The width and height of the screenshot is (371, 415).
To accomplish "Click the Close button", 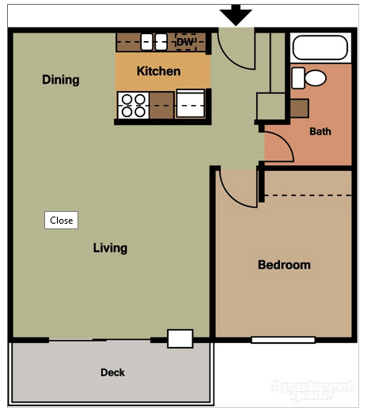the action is [61, 221].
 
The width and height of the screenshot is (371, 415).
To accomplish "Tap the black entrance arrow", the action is [236, 15].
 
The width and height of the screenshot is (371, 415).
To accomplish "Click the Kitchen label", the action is [159, 71].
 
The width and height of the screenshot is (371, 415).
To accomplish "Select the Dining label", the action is [61, 80].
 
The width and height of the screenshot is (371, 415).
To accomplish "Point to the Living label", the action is [110, 248].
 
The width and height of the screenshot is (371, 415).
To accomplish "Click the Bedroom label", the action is [284, 265].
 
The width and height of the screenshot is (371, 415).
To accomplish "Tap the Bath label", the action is [320, 131].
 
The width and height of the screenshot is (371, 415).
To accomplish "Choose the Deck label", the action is [112, 372].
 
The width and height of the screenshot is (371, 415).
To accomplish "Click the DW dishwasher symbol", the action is [186, 42].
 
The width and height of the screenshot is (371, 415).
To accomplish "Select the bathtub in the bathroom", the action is [320, 47].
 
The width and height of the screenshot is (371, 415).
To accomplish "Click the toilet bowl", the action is [315, 77].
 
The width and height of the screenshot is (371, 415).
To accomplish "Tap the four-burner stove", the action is [133, 106].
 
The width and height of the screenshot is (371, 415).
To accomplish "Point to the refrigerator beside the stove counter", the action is [191, 104].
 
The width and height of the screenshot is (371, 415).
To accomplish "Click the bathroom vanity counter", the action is [300, 108].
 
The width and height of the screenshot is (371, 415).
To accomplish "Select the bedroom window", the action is [283, 340].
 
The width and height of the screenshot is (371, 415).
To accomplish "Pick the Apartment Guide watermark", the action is [312, 390].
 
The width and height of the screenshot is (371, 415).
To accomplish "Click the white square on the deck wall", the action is [180, 338].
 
